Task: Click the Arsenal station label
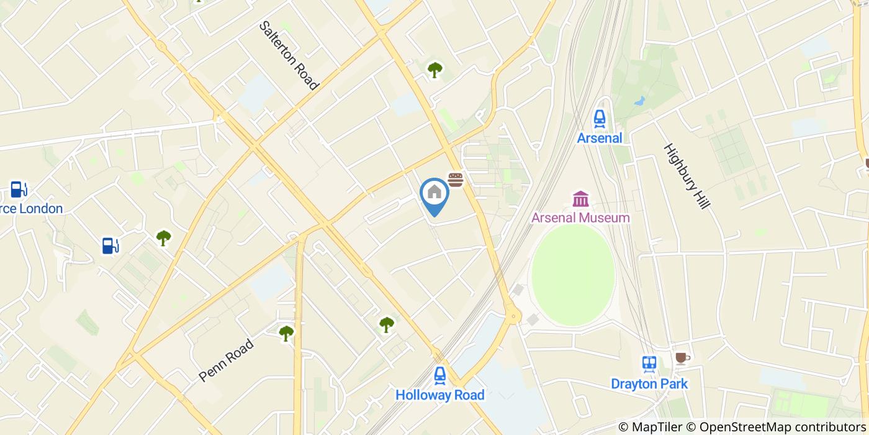pos(599,138)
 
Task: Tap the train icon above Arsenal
pos(599,118)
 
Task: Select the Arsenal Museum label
pos(580,217)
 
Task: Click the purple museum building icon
pos(581,199)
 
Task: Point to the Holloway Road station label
pos(439,395)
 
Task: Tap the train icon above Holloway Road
pos(439,375)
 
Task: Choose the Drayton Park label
pos(649,383)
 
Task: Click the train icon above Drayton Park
pos(649,364)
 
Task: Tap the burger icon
pos(456,180)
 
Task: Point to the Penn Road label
pos(227,360)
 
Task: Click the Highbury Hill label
pos(686,176)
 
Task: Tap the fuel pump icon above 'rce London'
pos(19,188)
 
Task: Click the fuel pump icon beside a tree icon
pos(110,245)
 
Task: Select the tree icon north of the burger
pos(434,70)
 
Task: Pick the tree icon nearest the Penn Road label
pos(286,333)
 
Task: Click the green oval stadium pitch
pos(573,275)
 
